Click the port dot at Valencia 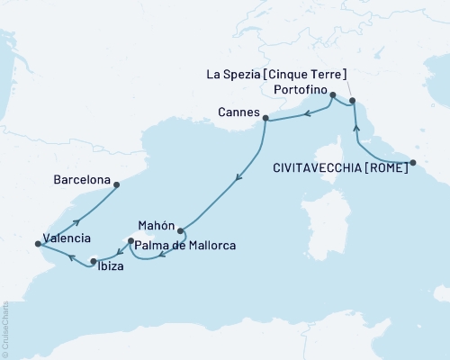tap(38, 243)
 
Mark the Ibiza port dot tap(93, 261)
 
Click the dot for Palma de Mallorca tap(131, 241)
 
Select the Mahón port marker tap(181, 229)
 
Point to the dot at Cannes tap(265, 117)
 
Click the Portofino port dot tap(333, 95)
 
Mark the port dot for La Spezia tap(353, 101)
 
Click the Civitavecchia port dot tap(413, 163)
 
